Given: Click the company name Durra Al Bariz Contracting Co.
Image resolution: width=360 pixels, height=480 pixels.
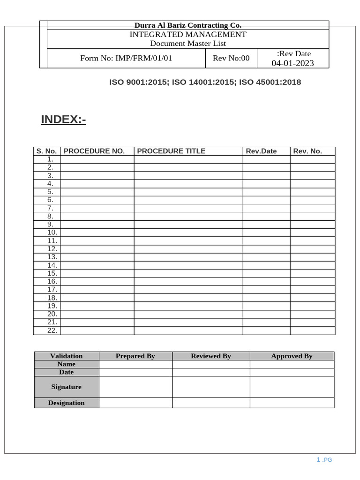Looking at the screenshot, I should (188, 25).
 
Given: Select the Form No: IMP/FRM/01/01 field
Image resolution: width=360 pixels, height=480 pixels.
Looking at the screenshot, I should (126, 58).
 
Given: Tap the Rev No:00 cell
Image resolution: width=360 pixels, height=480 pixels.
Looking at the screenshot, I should (231, 58).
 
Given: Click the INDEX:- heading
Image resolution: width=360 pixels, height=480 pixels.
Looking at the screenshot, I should (63, 120).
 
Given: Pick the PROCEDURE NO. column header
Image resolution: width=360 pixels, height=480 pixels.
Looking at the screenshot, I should (94, 151).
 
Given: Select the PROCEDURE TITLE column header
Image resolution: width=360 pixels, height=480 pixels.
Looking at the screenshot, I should (171, 151).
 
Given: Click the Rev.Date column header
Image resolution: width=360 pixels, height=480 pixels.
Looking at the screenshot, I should (261, 151).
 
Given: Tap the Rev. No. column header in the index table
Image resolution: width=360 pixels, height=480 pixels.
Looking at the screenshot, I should (307, 151).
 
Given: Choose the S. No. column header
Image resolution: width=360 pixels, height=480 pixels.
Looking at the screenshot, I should (46, 151).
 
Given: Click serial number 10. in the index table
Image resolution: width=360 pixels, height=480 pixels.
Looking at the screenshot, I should (52, 232).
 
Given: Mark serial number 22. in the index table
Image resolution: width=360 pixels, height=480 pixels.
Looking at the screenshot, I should (52, 330).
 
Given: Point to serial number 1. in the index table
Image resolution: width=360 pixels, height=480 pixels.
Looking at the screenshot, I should (50, 159).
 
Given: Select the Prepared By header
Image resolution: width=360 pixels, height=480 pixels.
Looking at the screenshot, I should (135, 356).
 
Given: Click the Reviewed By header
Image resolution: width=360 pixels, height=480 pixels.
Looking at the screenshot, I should (211, 356).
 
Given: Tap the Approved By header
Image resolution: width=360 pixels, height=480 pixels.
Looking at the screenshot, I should (292, 356).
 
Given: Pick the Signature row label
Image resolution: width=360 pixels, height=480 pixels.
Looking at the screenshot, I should (66, 387).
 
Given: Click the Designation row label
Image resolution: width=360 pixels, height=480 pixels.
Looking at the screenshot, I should (66, 403).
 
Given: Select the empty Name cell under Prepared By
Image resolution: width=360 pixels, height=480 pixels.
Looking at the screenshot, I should (135, 364).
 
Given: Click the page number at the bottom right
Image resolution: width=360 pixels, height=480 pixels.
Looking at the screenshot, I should (324, 460).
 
